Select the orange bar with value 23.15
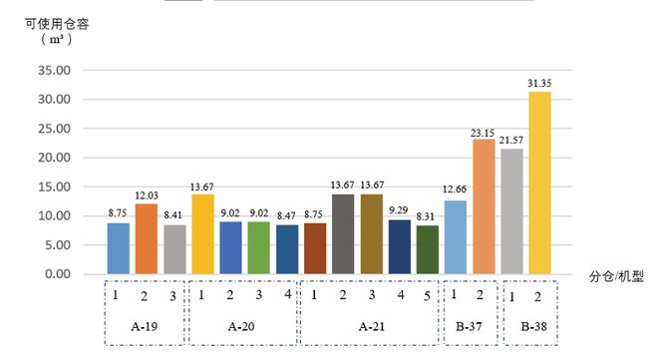484,206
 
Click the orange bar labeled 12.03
147,239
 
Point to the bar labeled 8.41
174,249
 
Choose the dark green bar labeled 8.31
427,249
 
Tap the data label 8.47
286,214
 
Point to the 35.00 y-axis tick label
54,71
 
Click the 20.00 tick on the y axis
54,158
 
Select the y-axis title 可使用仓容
57,22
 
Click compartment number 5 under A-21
427,295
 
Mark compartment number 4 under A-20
287,295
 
